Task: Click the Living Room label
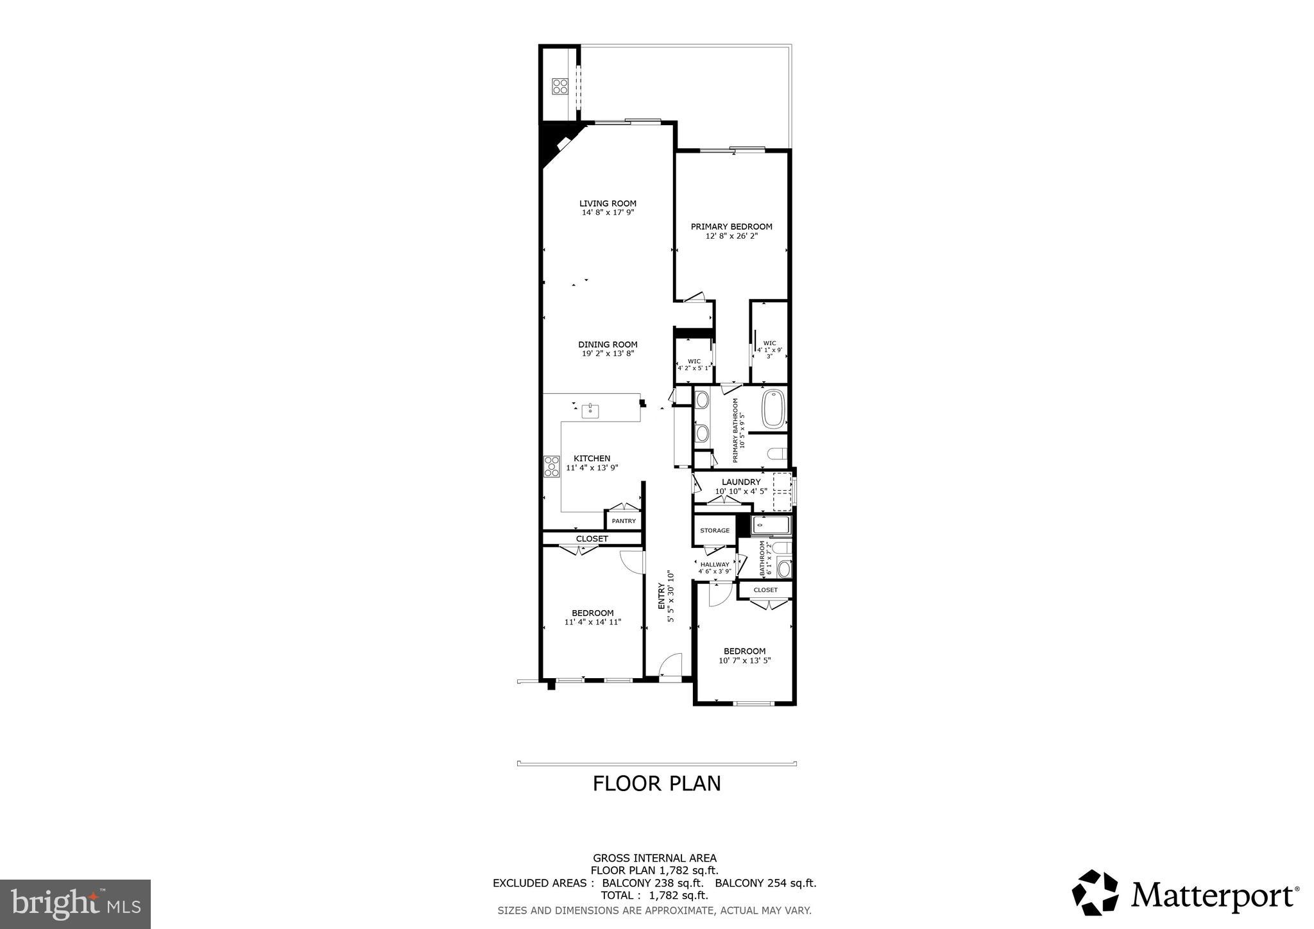coord(607,203)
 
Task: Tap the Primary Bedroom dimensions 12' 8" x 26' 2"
coord(731,236)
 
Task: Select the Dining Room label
coord(607,345)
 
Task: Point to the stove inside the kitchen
coord(552,466)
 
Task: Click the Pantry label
coord(623,521)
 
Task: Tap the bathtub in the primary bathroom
coord(773,409)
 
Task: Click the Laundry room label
coord(741,482)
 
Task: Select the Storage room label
coord(715,531)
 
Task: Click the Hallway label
coord(714,565)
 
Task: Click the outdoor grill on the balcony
coord(559,86)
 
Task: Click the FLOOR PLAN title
coord(656,783)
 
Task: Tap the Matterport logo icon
coord(1095,892)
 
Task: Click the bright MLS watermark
coord(75,904)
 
